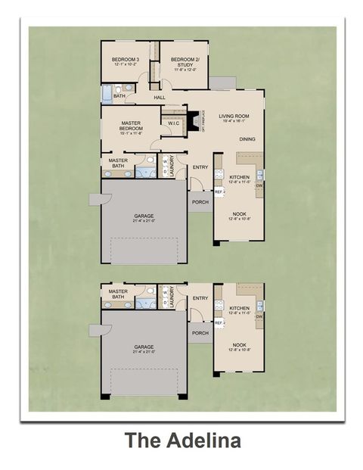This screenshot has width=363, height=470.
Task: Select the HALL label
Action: (160, 98)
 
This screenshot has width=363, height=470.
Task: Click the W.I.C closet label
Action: (173, 123)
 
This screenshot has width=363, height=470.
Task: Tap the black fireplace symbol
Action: (194, 120)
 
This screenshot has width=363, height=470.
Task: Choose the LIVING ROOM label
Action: (234, 116)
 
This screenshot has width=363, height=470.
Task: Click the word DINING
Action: (247, 139)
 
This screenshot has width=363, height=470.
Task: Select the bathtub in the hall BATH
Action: (107, 95)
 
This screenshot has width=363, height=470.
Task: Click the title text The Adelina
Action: (182, 440)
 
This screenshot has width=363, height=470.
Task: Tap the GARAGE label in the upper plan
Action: (144, 216)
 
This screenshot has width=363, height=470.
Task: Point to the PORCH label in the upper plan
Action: (200, 202)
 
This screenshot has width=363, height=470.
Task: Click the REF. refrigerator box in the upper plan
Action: (219, 192)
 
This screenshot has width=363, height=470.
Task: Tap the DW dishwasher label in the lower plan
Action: (259, 316)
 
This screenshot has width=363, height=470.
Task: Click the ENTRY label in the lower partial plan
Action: (200, 298)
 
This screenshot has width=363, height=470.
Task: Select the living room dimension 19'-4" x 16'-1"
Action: (234, 122)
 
